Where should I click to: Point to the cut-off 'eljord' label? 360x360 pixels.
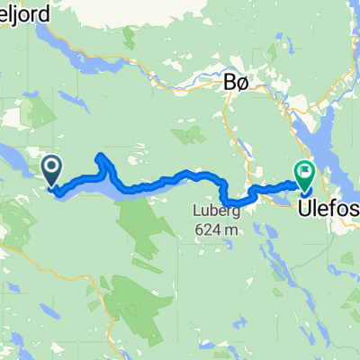[19, 7]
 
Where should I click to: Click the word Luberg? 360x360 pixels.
[210, 211]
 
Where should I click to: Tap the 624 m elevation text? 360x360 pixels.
[212, 229]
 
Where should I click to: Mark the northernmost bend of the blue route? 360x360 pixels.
[102, 157]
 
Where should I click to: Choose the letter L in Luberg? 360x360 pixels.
[193, 211]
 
